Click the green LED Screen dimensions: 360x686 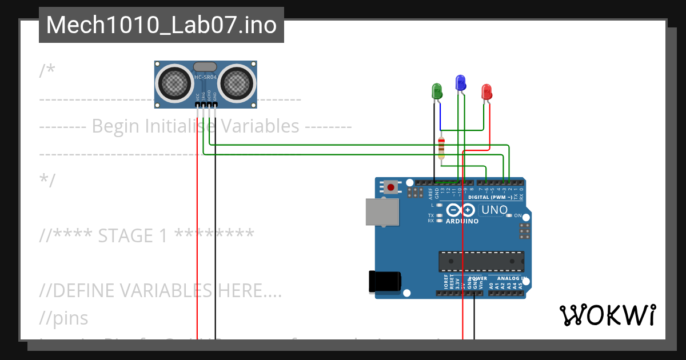(437, 90)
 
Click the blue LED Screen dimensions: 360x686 (460, 83)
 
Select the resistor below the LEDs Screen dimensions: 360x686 (441, 148)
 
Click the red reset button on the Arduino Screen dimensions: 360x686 (392, 186)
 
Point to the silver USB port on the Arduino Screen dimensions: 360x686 (382, 211)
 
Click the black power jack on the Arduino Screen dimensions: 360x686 (385, 281)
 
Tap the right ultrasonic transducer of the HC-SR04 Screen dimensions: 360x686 (237, 83)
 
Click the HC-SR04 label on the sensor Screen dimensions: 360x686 (206, 77)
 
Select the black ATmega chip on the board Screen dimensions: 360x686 (481, 261)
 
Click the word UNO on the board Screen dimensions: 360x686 (494, 210)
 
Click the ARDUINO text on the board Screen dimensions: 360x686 (462, 221)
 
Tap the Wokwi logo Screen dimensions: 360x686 (607, 315)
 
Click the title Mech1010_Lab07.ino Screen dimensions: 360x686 (161, 25)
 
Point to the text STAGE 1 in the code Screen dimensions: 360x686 (133, 235)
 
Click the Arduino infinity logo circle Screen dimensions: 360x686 (462, 211)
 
